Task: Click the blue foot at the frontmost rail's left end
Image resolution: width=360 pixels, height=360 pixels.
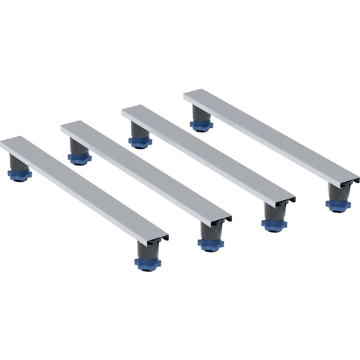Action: [x=20, y=175]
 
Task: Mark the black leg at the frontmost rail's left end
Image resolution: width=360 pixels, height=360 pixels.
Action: [x=18, y=163]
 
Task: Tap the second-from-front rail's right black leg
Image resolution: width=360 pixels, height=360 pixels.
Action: [x=210, y=229]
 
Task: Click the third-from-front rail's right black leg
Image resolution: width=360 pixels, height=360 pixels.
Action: [x=273, y=211]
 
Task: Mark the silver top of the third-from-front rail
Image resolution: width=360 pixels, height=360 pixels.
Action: [x=207, y=153]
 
